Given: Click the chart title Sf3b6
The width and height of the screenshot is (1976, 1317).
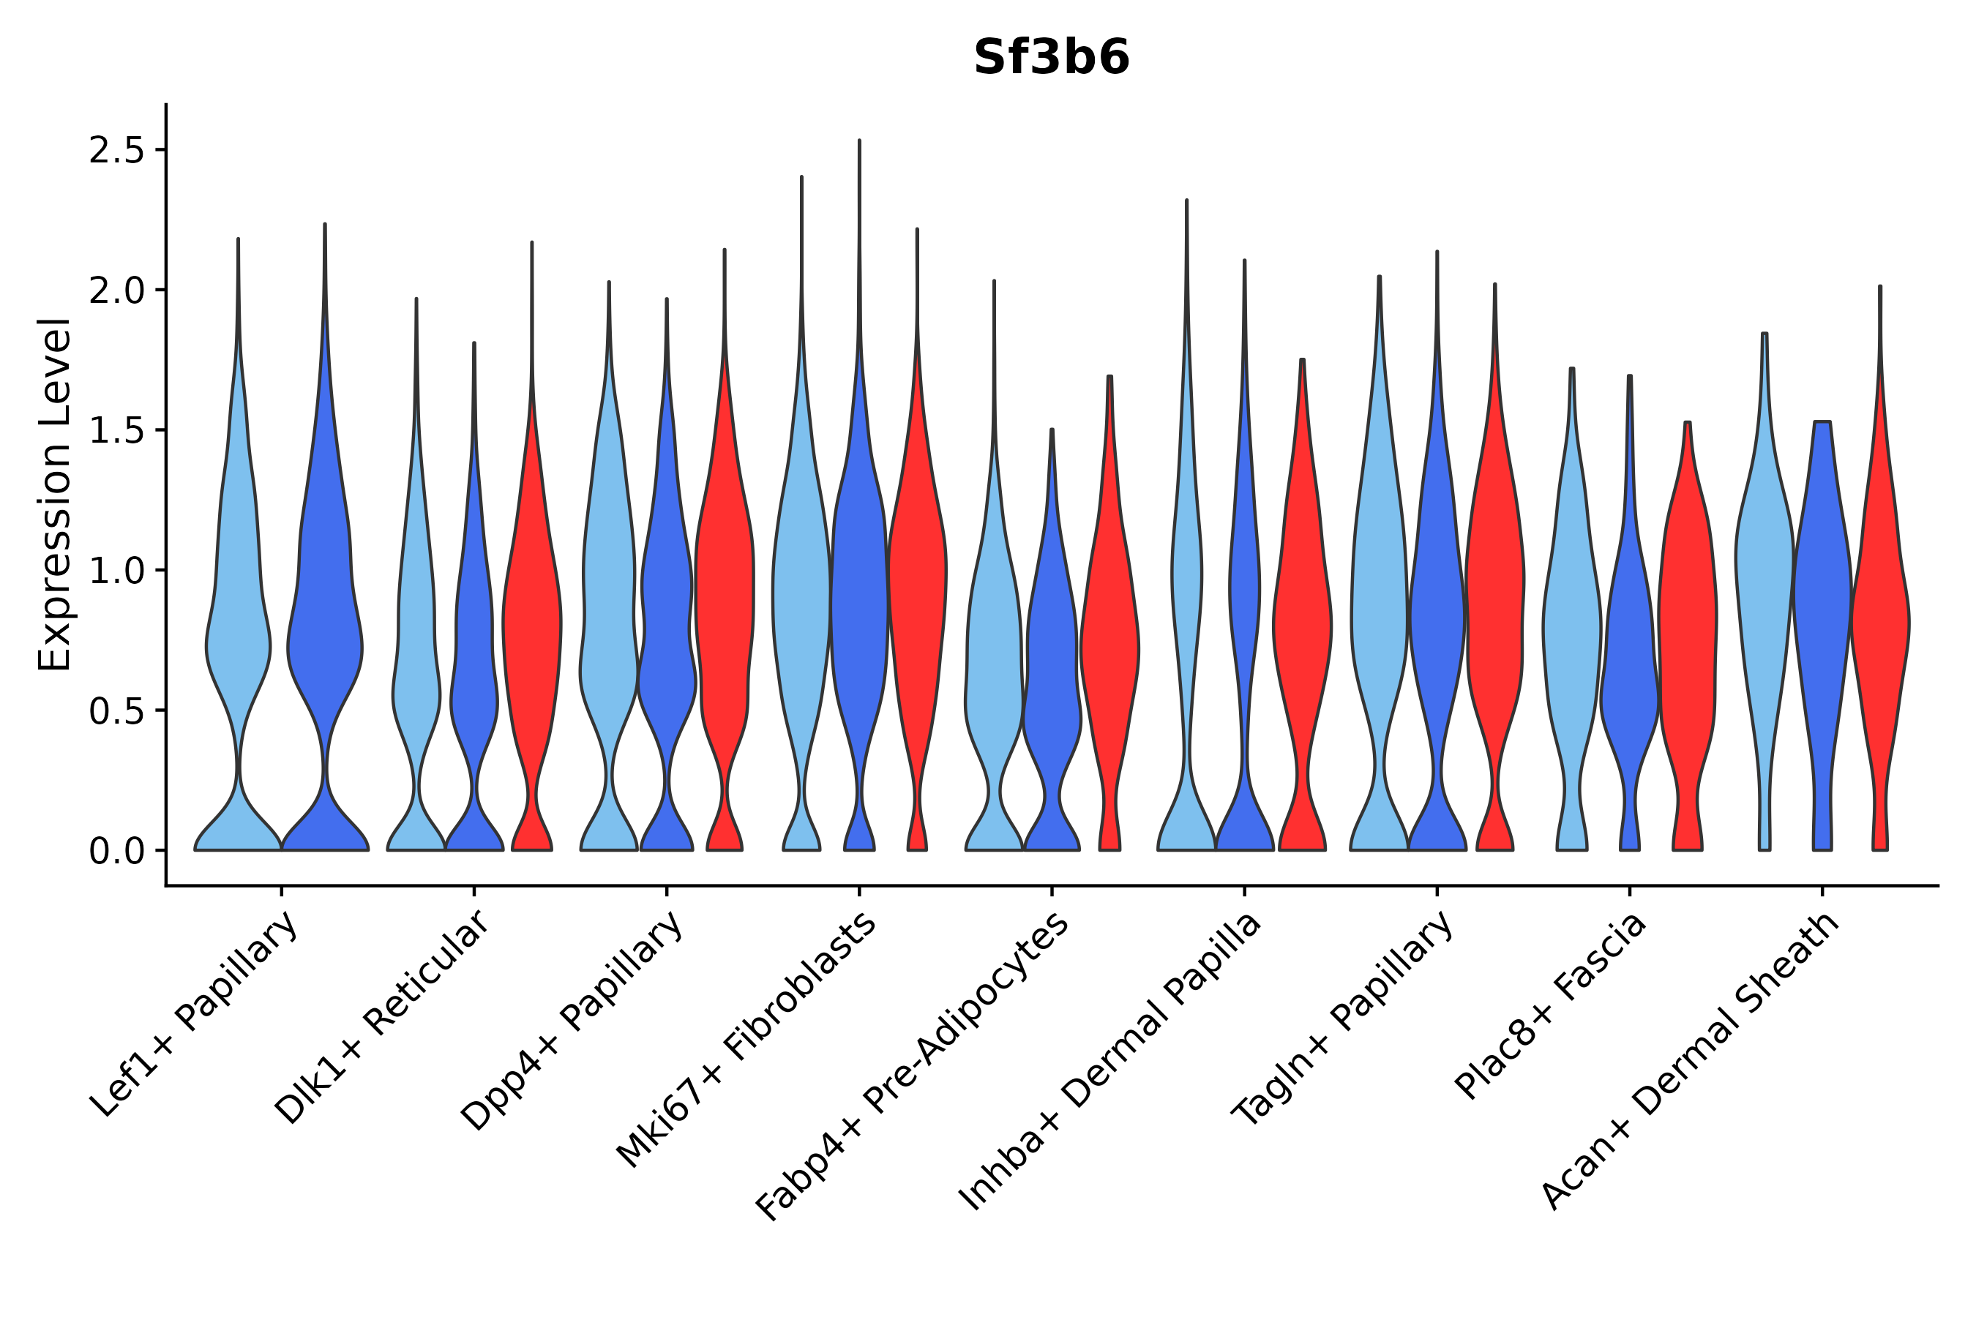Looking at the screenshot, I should [x=1051, y=58].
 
